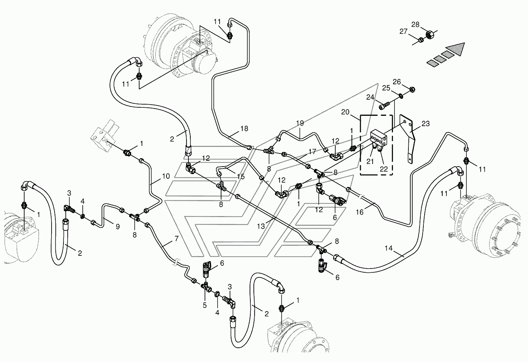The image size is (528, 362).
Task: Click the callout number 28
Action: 415,25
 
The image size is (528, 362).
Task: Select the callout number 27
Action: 403,32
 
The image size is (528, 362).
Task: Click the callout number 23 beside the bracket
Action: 426,123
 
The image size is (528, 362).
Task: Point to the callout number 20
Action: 345,112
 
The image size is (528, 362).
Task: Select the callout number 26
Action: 397,82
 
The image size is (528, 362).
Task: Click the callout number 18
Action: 244,128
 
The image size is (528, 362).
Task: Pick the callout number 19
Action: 300,123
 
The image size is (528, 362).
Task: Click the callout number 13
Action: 261,227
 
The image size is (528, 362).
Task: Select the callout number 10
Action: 166,176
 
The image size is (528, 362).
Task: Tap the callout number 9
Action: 118,227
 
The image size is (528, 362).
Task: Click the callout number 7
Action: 177,239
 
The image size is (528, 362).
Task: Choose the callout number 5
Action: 205,305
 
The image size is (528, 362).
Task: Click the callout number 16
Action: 360,212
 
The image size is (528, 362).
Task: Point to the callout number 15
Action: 241,177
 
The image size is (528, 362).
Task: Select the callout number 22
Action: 384,169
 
